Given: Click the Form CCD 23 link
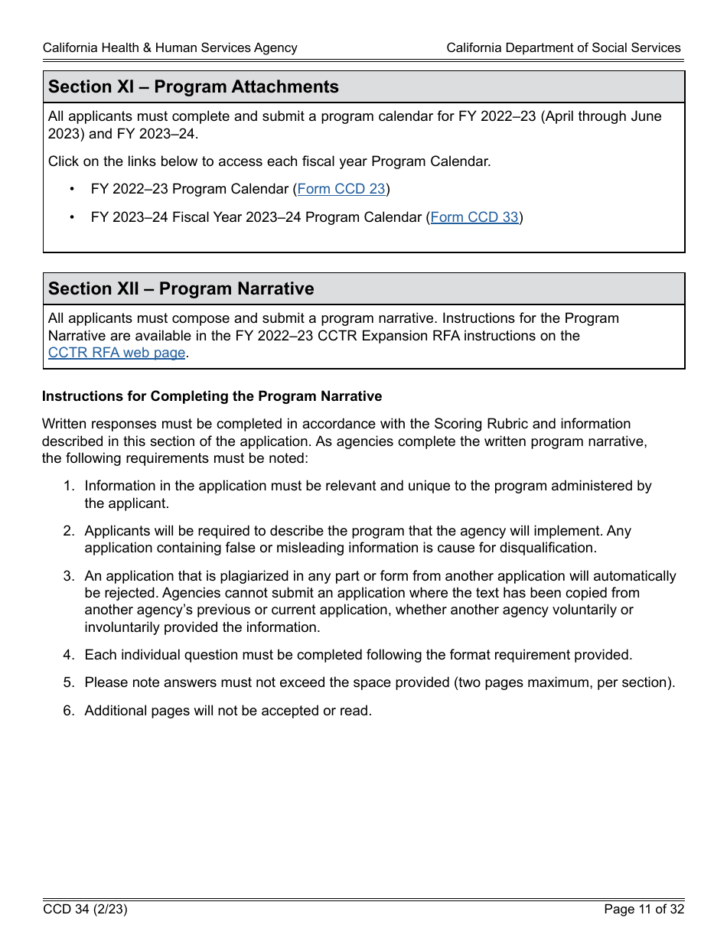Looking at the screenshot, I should pyautogui.click(x=341, y=189).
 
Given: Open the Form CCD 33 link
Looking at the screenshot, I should pyautogui.click(x=474, y=217).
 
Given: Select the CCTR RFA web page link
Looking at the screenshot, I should pyautogui.click(x=116, y=353).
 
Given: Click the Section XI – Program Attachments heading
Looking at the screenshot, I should pyautogui.click(x=194, y=87).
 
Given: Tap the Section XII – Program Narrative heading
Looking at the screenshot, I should pyautogui.click(x=181, y=289).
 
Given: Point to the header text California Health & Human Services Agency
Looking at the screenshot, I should pyautogui.click(x=170, y=47).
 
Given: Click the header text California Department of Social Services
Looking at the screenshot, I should pyautogui.click(x=563, y=47).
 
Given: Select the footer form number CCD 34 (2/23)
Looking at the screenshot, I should pyautogui.click(x=85, y=910).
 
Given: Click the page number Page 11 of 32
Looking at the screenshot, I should pyautogui.click(x=644, y=910).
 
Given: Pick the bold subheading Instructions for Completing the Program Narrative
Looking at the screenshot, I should pyautogui.click(x=212, y=396).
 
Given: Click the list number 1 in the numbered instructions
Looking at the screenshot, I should pyautogui.click(x=68, y=487).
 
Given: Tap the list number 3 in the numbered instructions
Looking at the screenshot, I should pyautogui.click(x=68, y=576).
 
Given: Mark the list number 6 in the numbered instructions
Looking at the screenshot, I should pyautogui.click(x=68, y=711).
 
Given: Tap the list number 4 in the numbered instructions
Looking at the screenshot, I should pyautogui.click(x=68, y=655).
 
